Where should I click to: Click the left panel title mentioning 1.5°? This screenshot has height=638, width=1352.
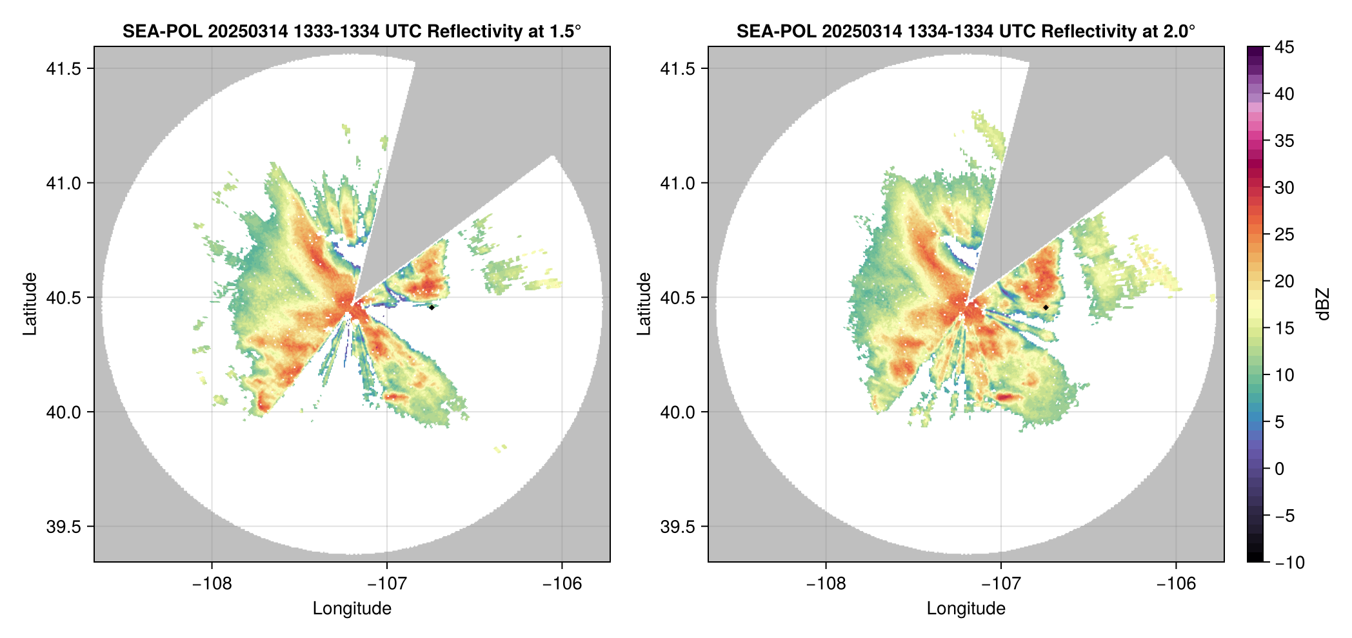(x=352, y=31)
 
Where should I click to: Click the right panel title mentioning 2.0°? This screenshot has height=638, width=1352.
(x=966, y=31)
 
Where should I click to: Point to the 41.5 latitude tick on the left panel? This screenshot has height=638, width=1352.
(x=63, y=68)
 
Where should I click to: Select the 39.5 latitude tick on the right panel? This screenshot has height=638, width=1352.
(x=677, y=527)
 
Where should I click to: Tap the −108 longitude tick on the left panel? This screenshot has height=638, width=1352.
(x=212, y=584)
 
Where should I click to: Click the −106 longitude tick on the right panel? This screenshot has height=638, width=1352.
(x=1177, y=584)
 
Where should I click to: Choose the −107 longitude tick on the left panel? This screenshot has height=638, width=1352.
(x=387, y=584)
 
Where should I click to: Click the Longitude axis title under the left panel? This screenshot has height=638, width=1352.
(x=352, y=608)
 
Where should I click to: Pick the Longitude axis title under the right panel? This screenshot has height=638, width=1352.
(x=966, y=608)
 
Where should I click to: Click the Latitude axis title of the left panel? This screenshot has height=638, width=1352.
(x=30, y=304)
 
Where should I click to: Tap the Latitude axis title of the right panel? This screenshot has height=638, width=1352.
(x=644, y=304)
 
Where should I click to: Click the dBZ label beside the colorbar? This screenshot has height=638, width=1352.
(x=1323, y=304)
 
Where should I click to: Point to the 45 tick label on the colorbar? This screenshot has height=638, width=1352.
(x=1284, y=47)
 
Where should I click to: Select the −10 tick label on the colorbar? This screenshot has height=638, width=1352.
(x=1289, y=563)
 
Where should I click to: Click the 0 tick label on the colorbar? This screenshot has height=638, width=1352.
(x=1280, y=469)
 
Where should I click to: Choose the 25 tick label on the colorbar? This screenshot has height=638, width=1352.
(x=1284, y=235)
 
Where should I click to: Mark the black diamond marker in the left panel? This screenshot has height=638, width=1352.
(x=432, y=307)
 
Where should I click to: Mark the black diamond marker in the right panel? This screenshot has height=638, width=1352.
(x=1046, y=307)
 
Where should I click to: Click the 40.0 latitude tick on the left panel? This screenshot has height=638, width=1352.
(x=63, y=412)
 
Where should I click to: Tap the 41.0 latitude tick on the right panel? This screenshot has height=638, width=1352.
(x=677, y=183)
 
